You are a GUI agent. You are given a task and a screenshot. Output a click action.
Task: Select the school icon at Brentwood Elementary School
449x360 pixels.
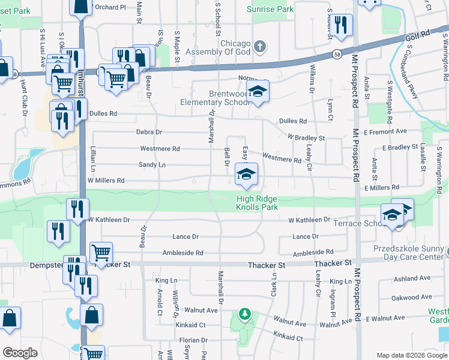click(258, 92)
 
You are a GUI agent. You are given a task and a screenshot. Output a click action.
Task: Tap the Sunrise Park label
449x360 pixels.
click(270, 9)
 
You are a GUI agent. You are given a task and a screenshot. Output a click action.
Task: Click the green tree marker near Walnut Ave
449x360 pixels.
click(244, 313)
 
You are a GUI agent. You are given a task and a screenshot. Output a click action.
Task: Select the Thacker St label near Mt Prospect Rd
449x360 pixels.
click(332, 263)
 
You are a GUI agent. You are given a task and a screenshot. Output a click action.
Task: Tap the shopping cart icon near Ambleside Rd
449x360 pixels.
click(101, 253)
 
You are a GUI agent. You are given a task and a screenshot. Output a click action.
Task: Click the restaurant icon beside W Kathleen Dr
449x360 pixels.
click(77, 209)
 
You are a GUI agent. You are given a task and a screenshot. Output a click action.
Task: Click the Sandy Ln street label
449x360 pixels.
click(152, 164)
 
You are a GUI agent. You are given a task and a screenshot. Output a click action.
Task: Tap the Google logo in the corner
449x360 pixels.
click(20, 353)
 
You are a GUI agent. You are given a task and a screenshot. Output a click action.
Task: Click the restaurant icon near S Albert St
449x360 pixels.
click(342, 26)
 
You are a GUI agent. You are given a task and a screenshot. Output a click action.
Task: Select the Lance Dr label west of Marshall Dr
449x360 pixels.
click(185, 237)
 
